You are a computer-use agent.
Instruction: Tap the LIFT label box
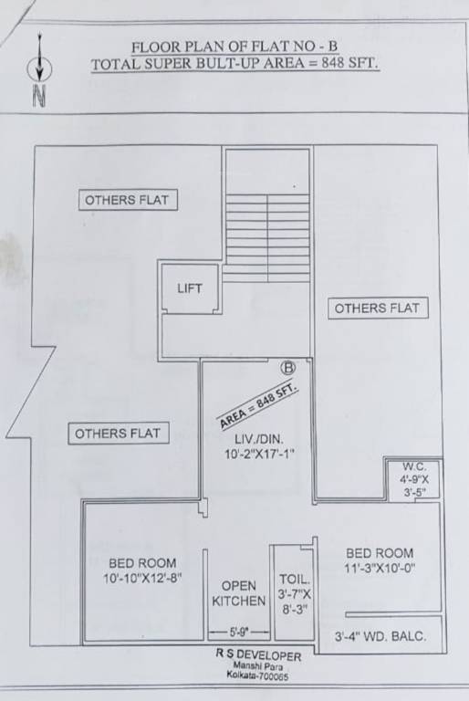point(190,288)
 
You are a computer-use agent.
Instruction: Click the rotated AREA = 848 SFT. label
point(260,405)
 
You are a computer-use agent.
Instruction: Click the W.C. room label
point(413,464)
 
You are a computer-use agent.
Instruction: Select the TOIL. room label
point(295,579)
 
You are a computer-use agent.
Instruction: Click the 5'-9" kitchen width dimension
point(239,632)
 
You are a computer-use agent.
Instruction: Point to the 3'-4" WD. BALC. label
point(380,636)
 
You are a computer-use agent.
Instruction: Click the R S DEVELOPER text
point(257,654)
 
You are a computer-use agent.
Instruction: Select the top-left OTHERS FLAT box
point(128,200)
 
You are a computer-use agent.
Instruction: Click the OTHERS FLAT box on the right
point(377,308)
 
